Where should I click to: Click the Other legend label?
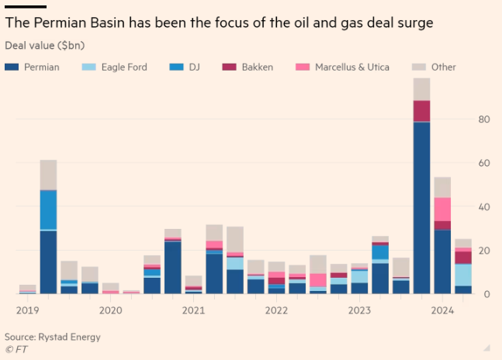443,67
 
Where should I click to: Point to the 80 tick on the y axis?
483,119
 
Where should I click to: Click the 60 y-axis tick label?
483,164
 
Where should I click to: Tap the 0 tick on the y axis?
486,294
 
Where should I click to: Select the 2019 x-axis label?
28,310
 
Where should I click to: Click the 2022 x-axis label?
276,310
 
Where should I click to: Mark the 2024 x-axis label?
442,310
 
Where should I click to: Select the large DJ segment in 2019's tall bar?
48,209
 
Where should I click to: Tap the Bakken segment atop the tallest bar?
422,111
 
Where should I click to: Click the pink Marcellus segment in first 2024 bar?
442,209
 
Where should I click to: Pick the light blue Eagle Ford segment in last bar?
463,275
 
